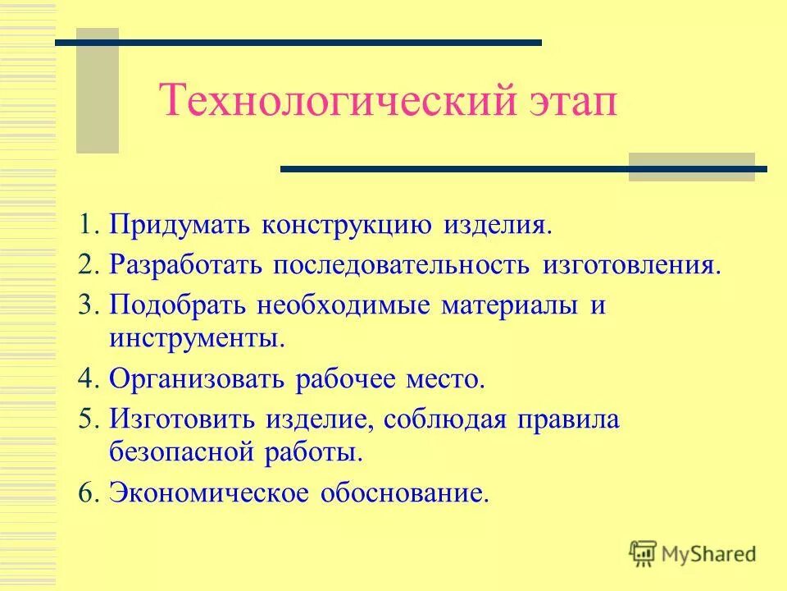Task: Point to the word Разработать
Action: click(185, 266)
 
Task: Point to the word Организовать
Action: click(197, 380)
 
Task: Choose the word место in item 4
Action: click(448, 380)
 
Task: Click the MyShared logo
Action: click(693, 553)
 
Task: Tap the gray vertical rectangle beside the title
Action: click(98, 90)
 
